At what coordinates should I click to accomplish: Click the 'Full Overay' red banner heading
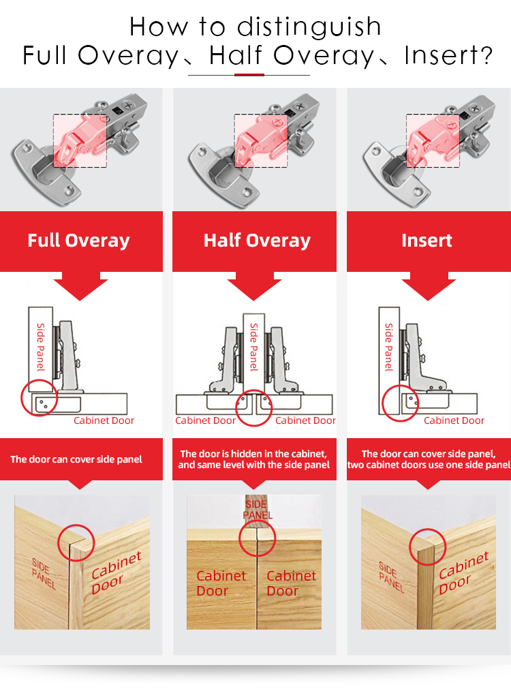tap(78, 241)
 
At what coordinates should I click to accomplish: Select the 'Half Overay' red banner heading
tap(257, 241)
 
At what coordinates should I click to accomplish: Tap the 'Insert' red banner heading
tap(427, 241)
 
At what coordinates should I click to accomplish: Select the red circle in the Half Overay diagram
tap(254, 408)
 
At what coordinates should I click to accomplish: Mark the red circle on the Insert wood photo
tap(427, 545)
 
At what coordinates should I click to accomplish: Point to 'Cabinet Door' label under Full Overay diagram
tap(104, 420)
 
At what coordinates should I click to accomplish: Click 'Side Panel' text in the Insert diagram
tap(389, 347)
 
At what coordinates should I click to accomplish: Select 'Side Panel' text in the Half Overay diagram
tap(254, 347)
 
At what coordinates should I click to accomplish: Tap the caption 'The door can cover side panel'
tap(76, 459)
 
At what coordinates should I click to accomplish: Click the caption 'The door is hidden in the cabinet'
tap(253, 454)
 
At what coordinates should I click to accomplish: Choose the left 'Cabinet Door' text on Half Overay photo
tap(221, 583)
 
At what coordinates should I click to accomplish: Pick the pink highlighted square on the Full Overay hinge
tap(80, 140)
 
